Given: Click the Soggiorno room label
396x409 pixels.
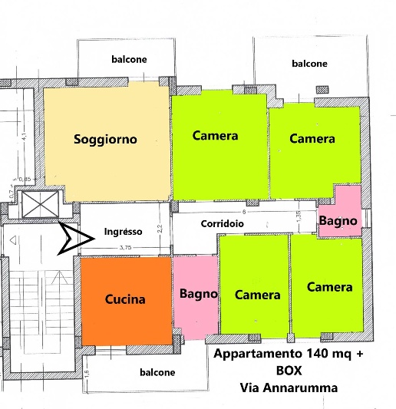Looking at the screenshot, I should coord(105,139).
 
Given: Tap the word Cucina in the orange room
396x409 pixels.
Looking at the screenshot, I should coord(125,299).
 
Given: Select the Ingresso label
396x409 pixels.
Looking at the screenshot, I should coord(123,231).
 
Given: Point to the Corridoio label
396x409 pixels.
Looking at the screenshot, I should coord(224,224).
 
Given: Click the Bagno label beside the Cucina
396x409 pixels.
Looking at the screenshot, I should coord(199,293).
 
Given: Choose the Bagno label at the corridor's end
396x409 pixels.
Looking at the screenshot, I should coord(338,221).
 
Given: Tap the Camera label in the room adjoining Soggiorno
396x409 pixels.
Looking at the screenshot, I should coord(215,136).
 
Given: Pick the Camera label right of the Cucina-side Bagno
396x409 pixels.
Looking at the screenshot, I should coord(257,295).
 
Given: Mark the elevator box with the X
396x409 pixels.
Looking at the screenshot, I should coord(40,206).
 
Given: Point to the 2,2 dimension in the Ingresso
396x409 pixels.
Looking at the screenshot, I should coord(160,227).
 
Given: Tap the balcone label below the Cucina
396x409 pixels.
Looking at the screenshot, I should coord(157,372).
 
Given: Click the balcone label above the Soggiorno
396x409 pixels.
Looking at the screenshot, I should coord(128,59).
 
